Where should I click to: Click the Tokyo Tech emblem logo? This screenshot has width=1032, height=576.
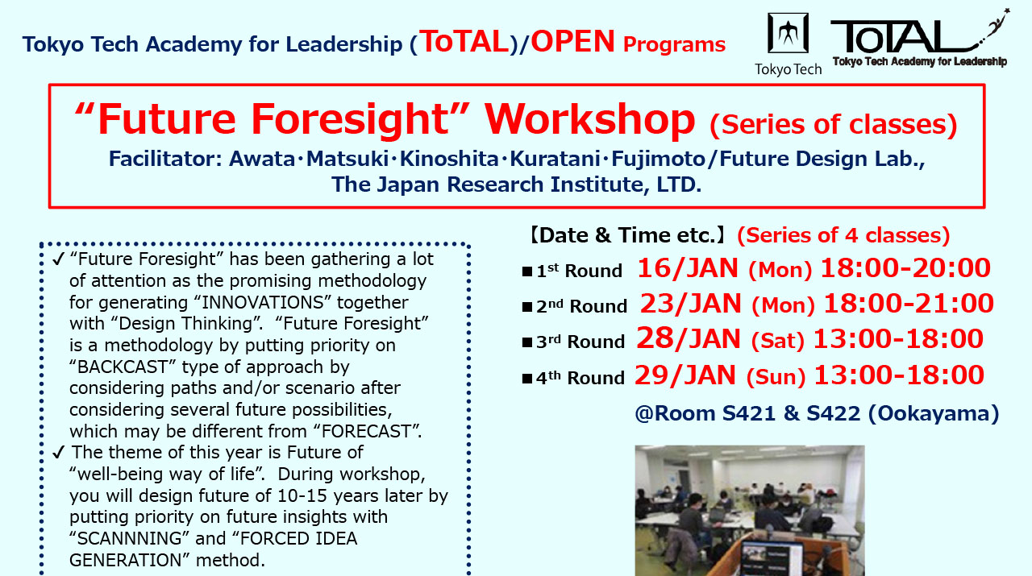click(788, 35)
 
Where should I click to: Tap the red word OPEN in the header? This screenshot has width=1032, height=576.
click(572, 42)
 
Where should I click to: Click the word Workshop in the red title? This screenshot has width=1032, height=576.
click(589, 119)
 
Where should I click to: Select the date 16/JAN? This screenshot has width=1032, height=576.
click(689, 268)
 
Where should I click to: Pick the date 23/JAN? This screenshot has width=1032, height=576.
click(692, 304)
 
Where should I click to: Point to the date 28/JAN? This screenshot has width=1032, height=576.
click(689, 339)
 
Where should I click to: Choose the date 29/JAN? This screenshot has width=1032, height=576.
click(685, 375)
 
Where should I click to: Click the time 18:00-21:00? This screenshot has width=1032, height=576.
click(909, 304)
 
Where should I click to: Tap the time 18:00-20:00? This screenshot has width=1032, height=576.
click(905, 268)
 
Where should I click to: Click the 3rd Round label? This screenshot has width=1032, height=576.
click(580, 342)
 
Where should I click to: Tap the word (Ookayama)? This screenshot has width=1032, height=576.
click(934, 413)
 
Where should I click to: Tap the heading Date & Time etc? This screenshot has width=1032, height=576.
click(625, 235)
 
